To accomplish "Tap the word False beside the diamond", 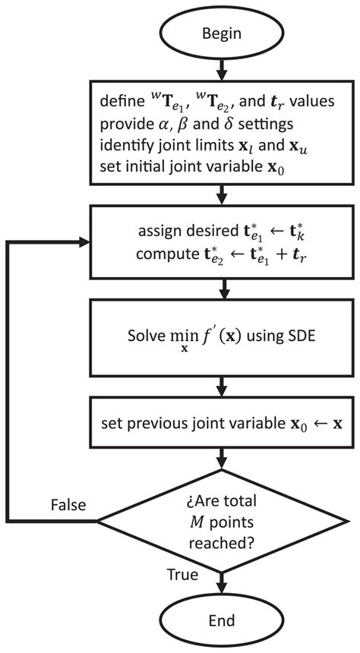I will (x=69, y=505).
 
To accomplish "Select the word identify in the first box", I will (x=123, y=144).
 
